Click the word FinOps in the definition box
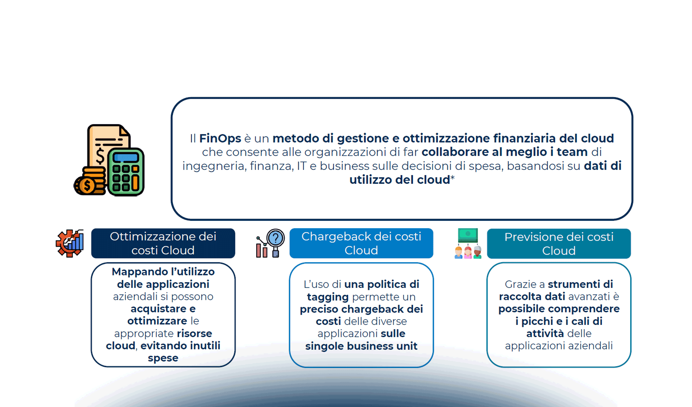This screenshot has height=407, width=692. coord(220,138)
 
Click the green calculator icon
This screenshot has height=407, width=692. coord(126,172)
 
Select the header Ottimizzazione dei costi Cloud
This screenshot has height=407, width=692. coord(163,243)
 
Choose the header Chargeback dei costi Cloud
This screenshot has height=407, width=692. coord(361,243)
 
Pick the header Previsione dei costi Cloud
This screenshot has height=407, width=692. coord(559,244)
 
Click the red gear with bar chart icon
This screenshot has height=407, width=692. coord(70,243)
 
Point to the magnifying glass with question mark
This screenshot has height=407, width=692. coord(275,238)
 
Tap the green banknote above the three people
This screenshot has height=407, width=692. coord(468,234)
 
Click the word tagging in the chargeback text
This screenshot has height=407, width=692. coord(328,297)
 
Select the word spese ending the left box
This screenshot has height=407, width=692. coord(163,358)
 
